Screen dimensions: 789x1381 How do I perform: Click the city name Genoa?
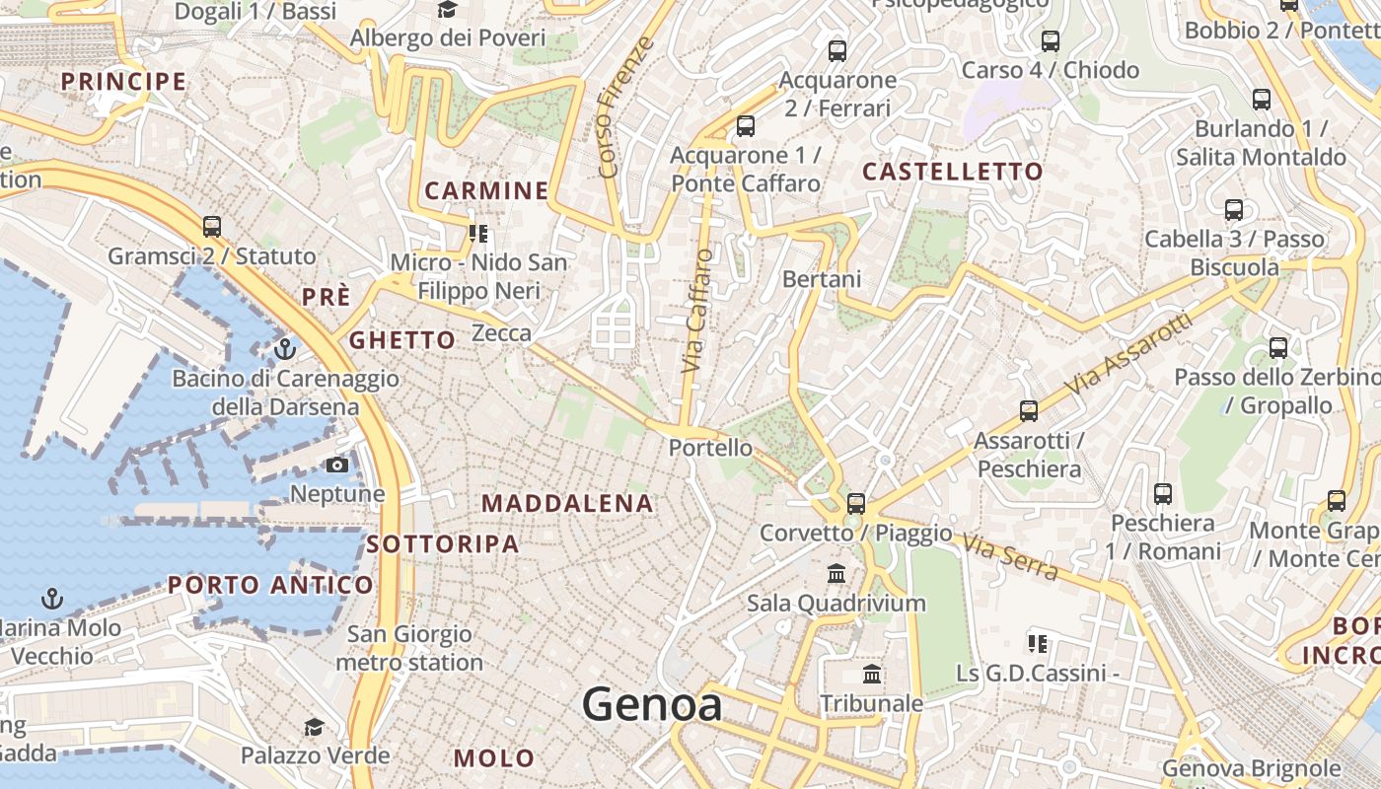click(651, 705)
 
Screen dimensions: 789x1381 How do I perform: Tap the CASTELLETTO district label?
click(952, 172)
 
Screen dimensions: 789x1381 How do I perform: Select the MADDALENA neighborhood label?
click(567, 503)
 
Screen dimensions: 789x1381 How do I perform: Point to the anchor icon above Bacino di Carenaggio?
click(285, 349)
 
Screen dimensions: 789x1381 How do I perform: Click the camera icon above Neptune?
click(337, 465)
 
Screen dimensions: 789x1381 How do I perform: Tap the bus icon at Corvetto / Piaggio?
click(855, 503)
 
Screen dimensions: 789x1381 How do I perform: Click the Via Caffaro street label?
click(697, 311)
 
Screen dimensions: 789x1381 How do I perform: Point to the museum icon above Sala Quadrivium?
click(836, 573)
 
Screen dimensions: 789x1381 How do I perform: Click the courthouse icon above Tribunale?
click(872, 675)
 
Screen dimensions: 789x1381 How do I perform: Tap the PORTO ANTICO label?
click(270, 585)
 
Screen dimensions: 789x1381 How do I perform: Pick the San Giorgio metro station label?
click(409, 648)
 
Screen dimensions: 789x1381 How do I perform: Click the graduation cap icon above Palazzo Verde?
click(314, 727)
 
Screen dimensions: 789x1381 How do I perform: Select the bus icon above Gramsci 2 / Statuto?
click(212, 226)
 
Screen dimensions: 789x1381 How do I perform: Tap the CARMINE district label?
click(486, 190)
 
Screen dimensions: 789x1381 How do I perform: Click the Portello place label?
click(710, 448)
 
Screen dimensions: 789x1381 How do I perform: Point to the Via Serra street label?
click(1011, 556)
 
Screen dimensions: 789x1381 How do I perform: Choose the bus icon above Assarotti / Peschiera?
click(1029, 410)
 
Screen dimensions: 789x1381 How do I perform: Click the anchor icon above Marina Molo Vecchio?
click(51, 598)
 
